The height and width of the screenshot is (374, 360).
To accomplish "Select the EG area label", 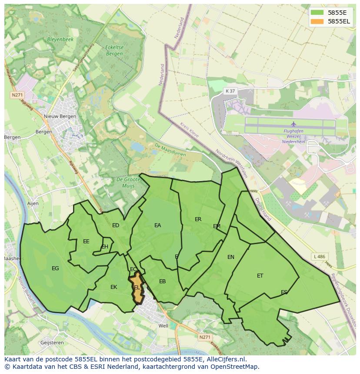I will pos(55,268).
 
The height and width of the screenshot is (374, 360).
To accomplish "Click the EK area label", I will pos(113,287).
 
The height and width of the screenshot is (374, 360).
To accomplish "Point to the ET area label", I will pos(260,276).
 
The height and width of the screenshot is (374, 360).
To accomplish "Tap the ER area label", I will pos(198,219).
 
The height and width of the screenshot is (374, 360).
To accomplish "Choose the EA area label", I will pos(157,225).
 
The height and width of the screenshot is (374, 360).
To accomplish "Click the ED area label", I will pos(116,225).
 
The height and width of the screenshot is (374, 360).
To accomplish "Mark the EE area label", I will pos(86,242).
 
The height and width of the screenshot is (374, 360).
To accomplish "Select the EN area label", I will pos(231,257).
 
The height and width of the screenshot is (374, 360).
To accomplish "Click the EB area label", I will pos(162,281).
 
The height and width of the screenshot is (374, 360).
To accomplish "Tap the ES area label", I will pos(284,292).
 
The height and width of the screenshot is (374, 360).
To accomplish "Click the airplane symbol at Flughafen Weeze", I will pos(293,124).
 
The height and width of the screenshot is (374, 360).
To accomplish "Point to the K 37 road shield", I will pos(230,91).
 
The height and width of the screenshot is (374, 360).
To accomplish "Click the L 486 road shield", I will pos(319,257).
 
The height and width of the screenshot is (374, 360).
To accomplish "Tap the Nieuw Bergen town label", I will pos(60,116).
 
